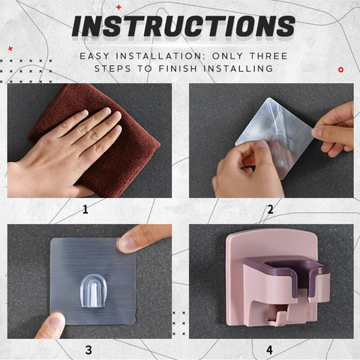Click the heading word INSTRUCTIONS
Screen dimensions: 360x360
(x=184, y=26)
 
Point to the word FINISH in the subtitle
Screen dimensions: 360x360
(x=178, y=68)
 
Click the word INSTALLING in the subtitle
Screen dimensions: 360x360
(x=238, y=68)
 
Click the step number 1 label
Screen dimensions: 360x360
(x=85, y=209)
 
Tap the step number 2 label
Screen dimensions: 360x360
(x=270, y=209)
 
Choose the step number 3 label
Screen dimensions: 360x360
(x=88, y=350)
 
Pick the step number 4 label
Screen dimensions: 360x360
(x=269, y=350)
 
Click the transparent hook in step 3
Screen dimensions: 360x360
(x=94, y=291)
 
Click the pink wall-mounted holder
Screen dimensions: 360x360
(x=276, y=279)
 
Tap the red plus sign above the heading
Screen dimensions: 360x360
(x=118, y=7)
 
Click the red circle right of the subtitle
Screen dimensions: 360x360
(x=340, y=70)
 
